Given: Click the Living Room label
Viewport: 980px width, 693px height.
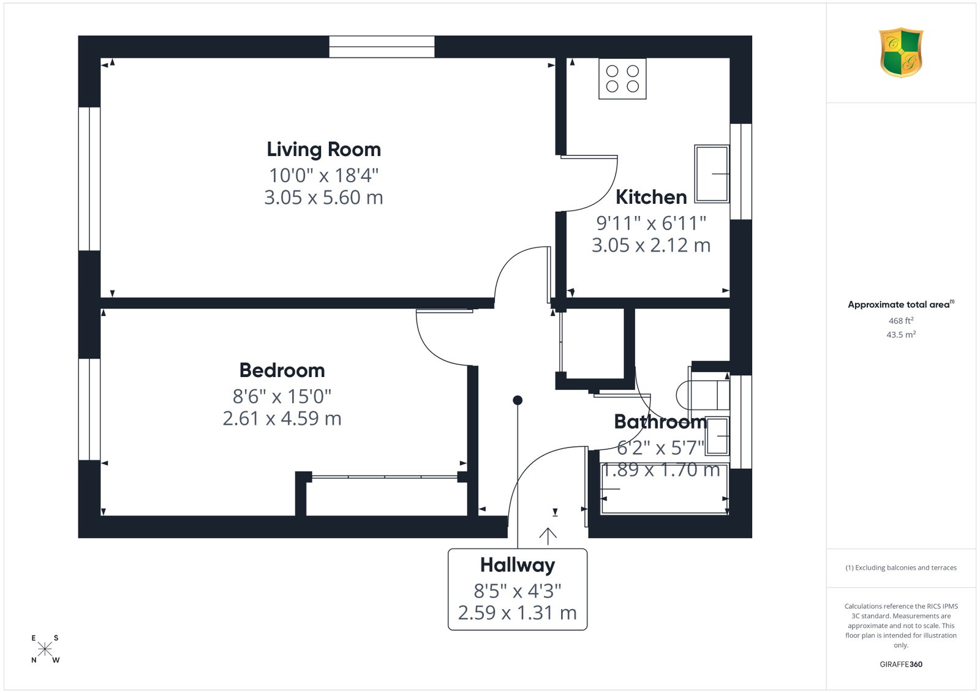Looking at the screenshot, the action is [x=324, y=149].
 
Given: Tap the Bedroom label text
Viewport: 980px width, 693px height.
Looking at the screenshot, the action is [x=282, y=371].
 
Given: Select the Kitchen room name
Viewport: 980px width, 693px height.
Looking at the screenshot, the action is [x=651, y=197].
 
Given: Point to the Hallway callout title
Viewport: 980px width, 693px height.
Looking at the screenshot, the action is [x=518, y=565].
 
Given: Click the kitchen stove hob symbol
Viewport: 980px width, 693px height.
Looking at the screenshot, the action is [x=622, y=79].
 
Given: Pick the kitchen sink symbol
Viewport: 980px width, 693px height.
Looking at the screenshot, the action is [x=712, y=174].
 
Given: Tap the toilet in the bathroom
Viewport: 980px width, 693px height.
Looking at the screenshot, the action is [x=703, y=395].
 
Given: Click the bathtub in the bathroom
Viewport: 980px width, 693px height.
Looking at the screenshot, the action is [x=664, y=489].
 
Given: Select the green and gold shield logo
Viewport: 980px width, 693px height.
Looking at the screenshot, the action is [x=901, y=53].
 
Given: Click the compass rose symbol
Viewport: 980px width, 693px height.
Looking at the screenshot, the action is [x=45, y=649].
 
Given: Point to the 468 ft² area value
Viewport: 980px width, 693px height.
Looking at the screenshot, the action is [x=901, y=321].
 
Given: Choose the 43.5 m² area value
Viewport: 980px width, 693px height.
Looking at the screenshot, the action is [x=901, y=334].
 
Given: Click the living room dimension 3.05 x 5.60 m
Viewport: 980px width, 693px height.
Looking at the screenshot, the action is [x=324, y=198].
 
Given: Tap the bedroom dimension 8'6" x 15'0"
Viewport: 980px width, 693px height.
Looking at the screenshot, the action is [x=282, y=397].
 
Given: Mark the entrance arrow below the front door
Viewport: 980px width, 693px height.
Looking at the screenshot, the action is [x=548, y=536].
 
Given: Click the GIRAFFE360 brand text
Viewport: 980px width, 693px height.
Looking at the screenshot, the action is [x=901, y=664].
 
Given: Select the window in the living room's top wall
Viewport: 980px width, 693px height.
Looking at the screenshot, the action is [x=382, y=47].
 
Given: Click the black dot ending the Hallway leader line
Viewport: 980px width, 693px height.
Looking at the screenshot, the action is [x=518, y=400].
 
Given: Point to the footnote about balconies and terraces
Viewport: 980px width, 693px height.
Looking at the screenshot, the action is [x=901, y=568].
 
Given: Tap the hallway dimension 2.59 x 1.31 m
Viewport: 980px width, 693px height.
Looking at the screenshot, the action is [x=518, y=613].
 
